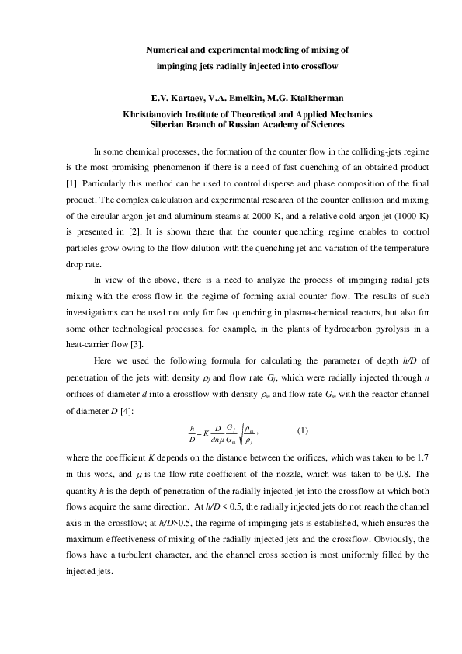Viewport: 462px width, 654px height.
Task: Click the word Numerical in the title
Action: (x=168, y=50)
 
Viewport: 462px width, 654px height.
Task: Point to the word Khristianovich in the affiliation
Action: (x=155, y=113)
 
